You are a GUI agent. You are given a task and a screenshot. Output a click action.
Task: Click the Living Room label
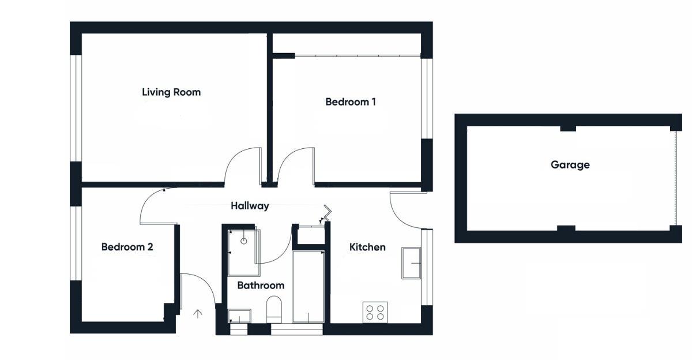tap(171, 92)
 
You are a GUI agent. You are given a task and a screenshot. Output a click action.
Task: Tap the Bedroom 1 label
tap(351, 102)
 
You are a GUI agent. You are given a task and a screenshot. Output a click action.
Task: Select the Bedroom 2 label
tap(127, 247)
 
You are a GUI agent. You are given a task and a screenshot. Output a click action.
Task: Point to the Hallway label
tap(250, 205)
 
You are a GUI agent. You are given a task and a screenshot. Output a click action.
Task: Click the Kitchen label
tap(367, 247)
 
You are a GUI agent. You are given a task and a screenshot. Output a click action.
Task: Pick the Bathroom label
tap(261, 285)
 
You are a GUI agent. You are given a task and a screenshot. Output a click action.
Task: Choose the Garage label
tap(570, 165)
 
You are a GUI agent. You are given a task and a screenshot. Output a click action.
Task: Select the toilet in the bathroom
tap(274, 309)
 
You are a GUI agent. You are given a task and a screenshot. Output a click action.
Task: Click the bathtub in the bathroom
tap(308, 286)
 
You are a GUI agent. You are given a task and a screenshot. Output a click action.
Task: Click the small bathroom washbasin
tap(239, 316)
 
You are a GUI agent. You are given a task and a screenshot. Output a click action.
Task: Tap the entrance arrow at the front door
tap(198, 314)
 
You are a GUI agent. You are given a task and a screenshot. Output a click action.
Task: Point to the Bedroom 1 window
tap(427, 98)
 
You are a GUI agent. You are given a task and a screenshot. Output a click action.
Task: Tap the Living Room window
tap(76, 108)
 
